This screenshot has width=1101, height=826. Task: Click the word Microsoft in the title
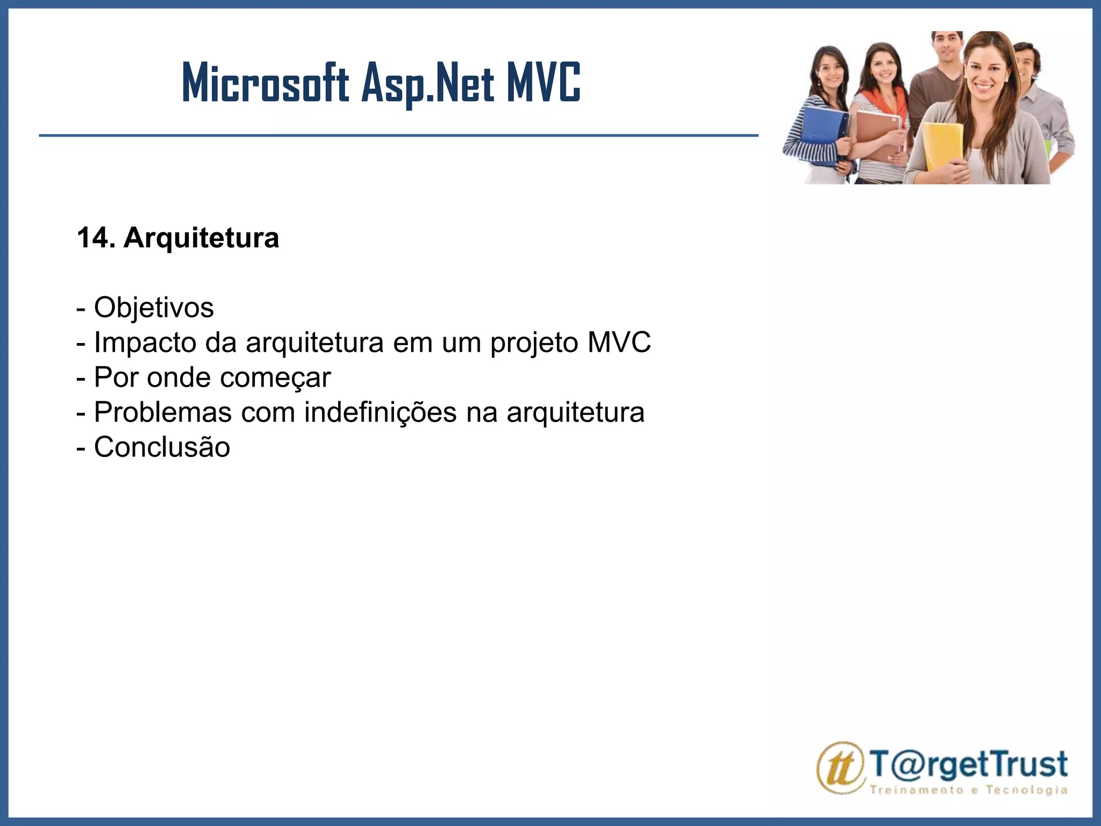(x=266, y=83)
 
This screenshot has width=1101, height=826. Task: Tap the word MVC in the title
(x=543, y=83)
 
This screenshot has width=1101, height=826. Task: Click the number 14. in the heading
(x=96, y=238)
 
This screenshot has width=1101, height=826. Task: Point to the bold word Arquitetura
(x=201, y=238)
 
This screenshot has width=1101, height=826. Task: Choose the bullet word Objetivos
(x=154, y=308)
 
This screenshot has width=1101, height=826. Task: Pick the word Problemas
(x=163, y=412)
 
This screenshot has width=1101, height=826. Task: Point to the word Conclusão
(x=162, y=447)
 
